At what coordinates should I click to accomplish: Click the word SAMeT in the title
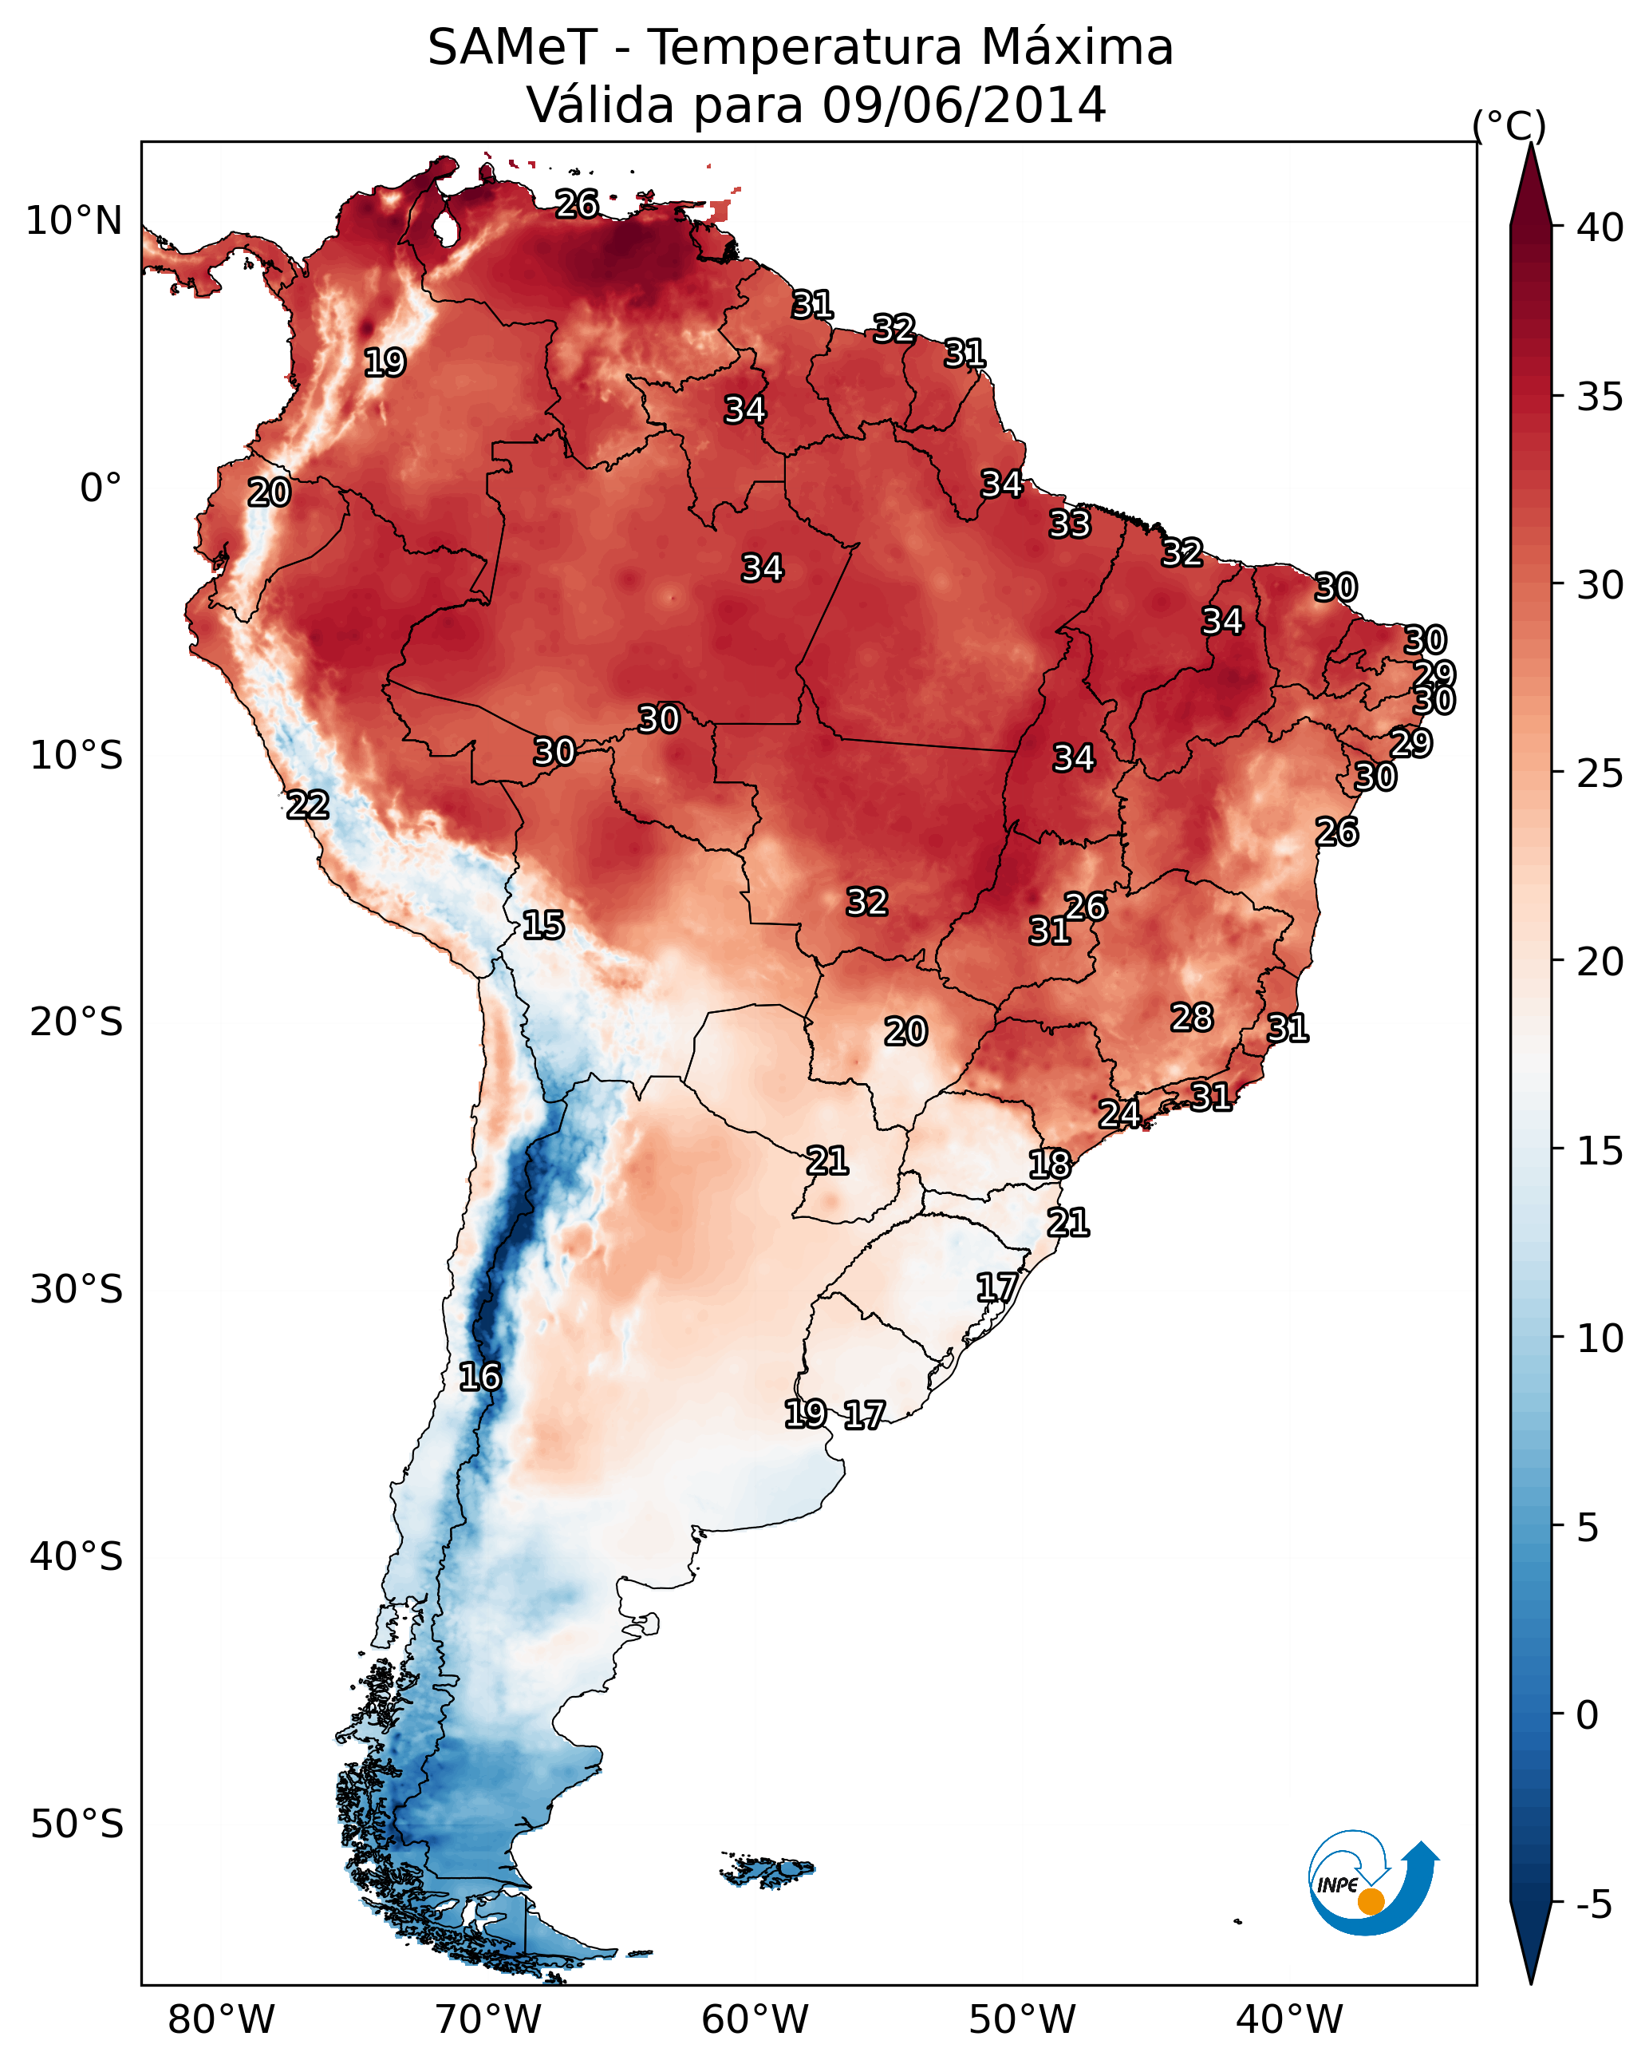point(512,48)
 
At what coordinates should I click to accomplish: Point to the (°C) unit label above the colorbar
point(1509,125)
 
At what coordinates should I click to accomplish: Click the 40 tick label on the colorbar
point(1600,227)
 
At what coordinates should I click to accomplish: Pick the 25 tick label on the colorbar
point(1600,773)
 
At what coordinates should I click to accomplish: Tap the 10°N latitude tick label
point(73,221)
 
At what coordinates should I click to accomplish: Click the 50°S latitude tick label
point(77,1825)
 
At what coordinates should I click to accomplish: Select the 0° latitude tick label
point(101,488)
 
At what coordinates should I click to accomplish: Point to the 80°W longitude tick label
point(221,2020)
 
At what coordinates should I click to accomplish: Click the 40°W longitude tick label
point(1289,2020)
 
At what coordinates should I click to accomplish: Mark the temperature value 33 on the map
point(1069,524)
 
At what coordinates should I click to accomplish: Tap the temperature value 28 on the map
point(1192,1018)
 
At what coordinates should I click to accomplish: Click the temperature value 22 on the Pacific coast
point(307,805)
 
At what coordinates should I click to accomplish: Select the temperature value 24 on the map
point(1118,1114)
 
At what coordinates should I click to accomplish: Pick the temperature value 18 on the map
point(1049,1165)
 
